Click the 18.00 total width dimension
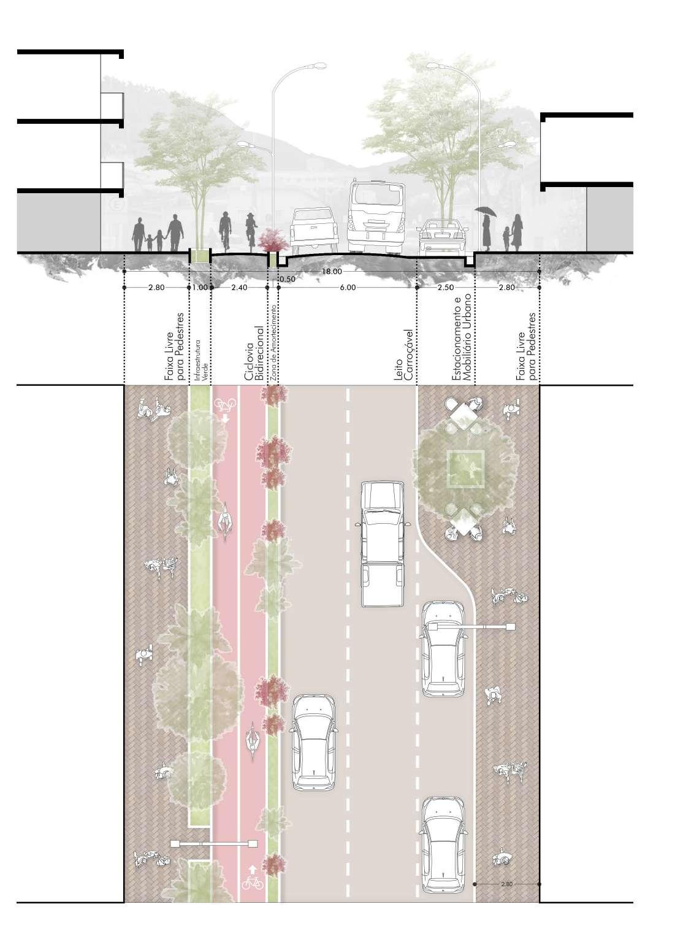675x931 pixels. (x=332, y=270)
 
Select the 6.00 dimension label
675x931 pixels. (x=347, y=287)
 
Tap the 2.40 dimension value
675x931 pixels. (x=239, y=287)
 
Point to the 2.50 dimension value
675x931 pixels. (x=446, y=287)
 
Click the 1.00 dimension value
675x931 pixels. (x=200, y=287)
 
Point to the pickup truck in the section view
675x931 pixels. (x=313, y=230)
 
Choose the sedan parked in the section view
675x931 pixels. (x=443, y=237)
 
